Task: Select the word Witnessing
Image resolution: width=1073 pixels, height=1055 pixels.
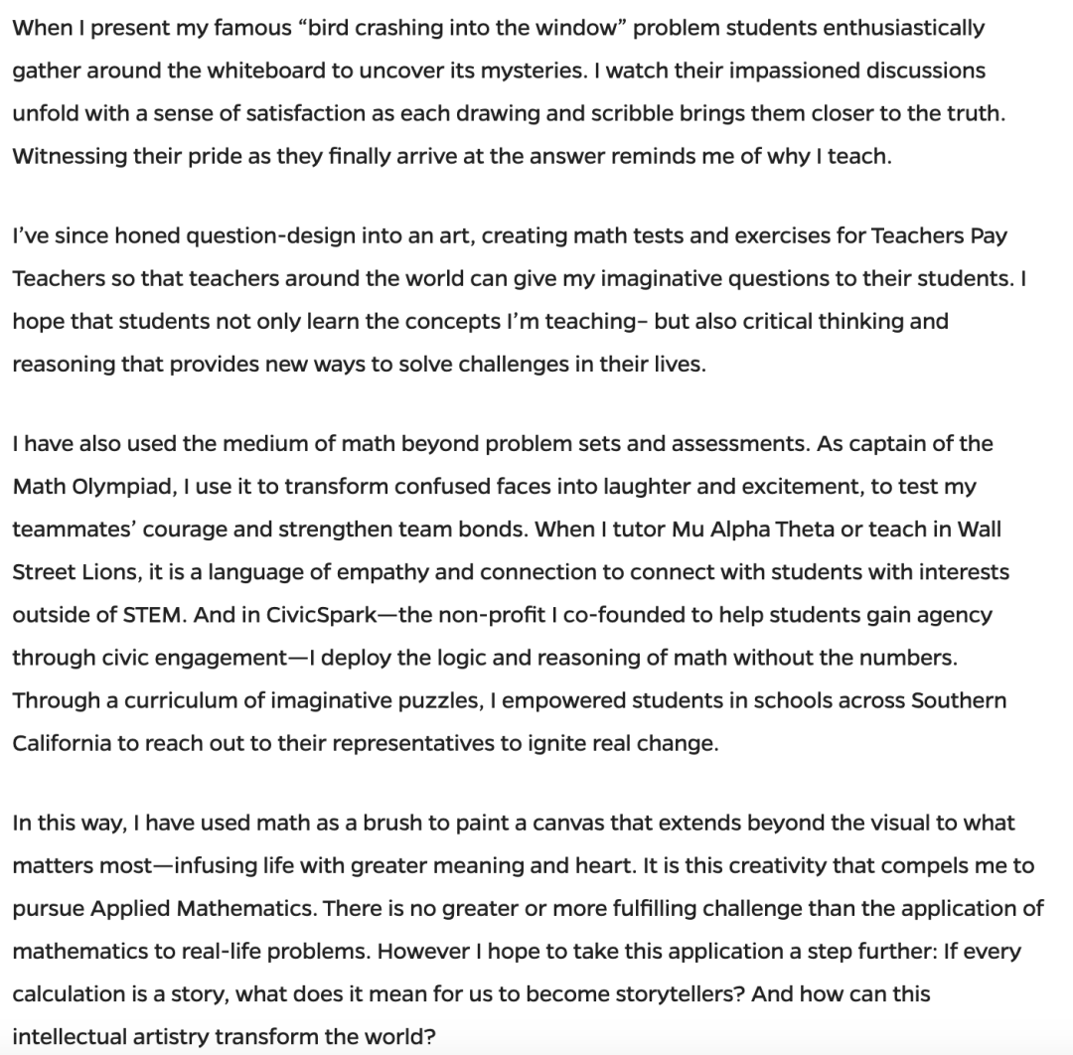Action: pos(64,157)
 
